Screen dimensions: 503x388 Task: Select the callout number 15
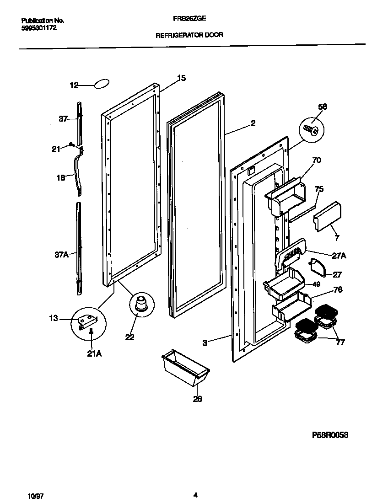pyautogui.click(x=181, y=78)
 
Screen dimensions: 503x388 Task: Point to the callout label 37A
pyautogui.click(x=62, y=255)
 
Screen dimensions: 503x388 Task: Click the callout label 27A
pyautogui.click(x=339, y=256)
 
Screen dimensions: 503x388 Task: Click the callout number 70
pyautogui.click(x=316, y=160)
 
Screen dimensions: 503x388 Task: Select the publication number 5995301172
pyautogui.click(x=39, y=28)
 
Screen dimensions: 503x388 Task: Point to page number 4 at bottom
pyautogui.click(x=195, y=495)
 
